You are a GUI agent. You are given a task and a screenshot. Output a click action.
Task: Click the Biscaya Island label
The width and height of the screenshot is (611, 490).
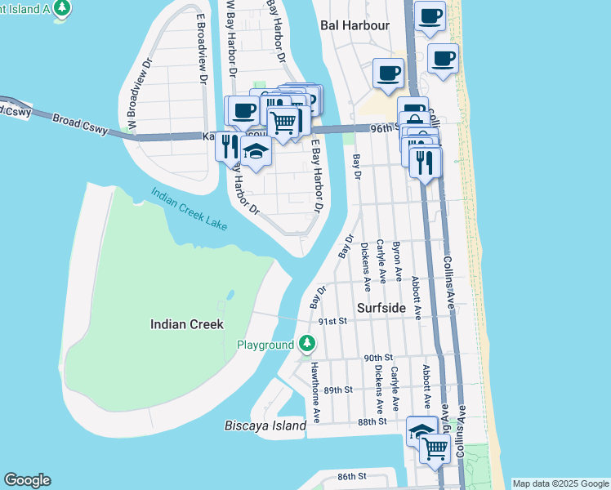pyautogui.click(x=265, y=425)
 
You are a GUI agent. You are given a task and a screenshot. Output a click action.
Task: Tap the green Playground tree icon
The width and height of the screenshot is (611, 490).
pyautogui.click(x=307, y=345)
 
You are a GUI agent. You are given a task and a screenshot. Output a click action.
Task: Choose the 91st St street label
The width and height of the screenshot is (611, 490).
pyautogui.click(x=333, y=322)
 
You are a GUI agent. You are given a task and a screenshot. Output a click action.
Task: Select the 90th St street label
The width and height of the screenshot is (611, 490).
pyautogui.click(x=378, y=358)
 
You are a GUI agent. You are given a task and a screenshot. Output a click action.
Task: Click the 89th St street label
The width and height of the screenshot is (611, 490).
pyautogui.click(x=337, y=390)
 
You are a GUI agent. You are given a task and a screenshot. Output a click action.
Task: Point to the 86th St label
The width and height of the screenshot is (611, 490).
pyautogui.click(x=353, y=475)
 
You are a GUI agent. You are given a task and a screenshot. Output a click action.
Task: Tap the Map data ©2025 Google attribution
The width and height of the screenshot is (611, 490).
pyautogui.click(x=560, y=483)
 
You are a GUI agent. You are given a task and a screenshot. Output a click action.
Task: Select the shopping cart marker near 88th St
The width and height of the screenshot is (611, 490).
pyautogui.click(x=435, y=447)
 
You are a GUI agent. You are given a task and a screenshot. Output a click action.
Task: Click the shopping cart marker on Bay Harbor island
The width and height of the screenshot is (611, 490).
pyautogui.click(x=283, y=122)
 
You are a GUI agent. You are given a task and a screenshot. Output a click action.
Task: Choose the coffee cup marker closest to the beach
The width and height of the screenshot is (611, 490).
pyautogui.click(x=443, y=58)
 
